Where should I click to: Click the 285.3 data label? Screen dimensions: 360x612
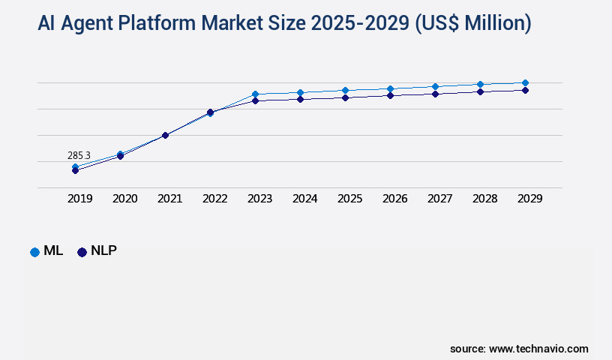point(79,155)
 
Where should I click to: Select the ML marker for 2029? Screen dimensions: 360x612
point(525,82)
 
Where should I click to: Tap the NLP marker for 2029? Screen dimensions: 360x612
point(525,90)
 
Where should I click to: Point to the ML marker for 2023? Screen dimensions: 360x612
point(255,94)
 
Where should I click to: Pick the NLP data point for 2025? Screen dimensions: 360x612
point(345,97)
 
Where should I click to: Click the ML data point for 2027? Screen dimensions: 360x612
point(435,86)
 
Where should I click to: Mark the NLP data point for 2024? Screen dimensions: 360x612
point(300,99)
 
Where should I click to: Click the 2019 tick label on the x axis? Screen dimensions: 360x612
point(79,199)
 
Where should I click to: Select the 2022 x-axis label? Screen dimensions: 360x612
point(214,199)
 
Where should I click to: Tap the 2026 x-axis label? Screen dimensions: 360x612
point(394,199)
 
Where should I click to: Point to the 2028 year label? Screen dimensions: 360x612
point(484,199)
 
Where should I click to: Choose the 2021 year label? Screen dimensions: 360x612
point(169,199)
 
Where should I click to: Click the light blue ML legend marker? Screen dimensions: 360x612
point(34,252)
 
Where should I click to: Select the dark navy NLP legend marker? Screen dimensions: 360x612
point(82,252)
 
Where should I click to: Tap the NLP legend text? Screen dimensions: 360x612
point(103,251)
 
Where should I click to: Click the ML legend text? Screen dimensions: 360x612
point(52,251)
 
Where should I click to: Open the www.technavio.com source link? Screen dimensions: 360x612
point(538,349)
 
